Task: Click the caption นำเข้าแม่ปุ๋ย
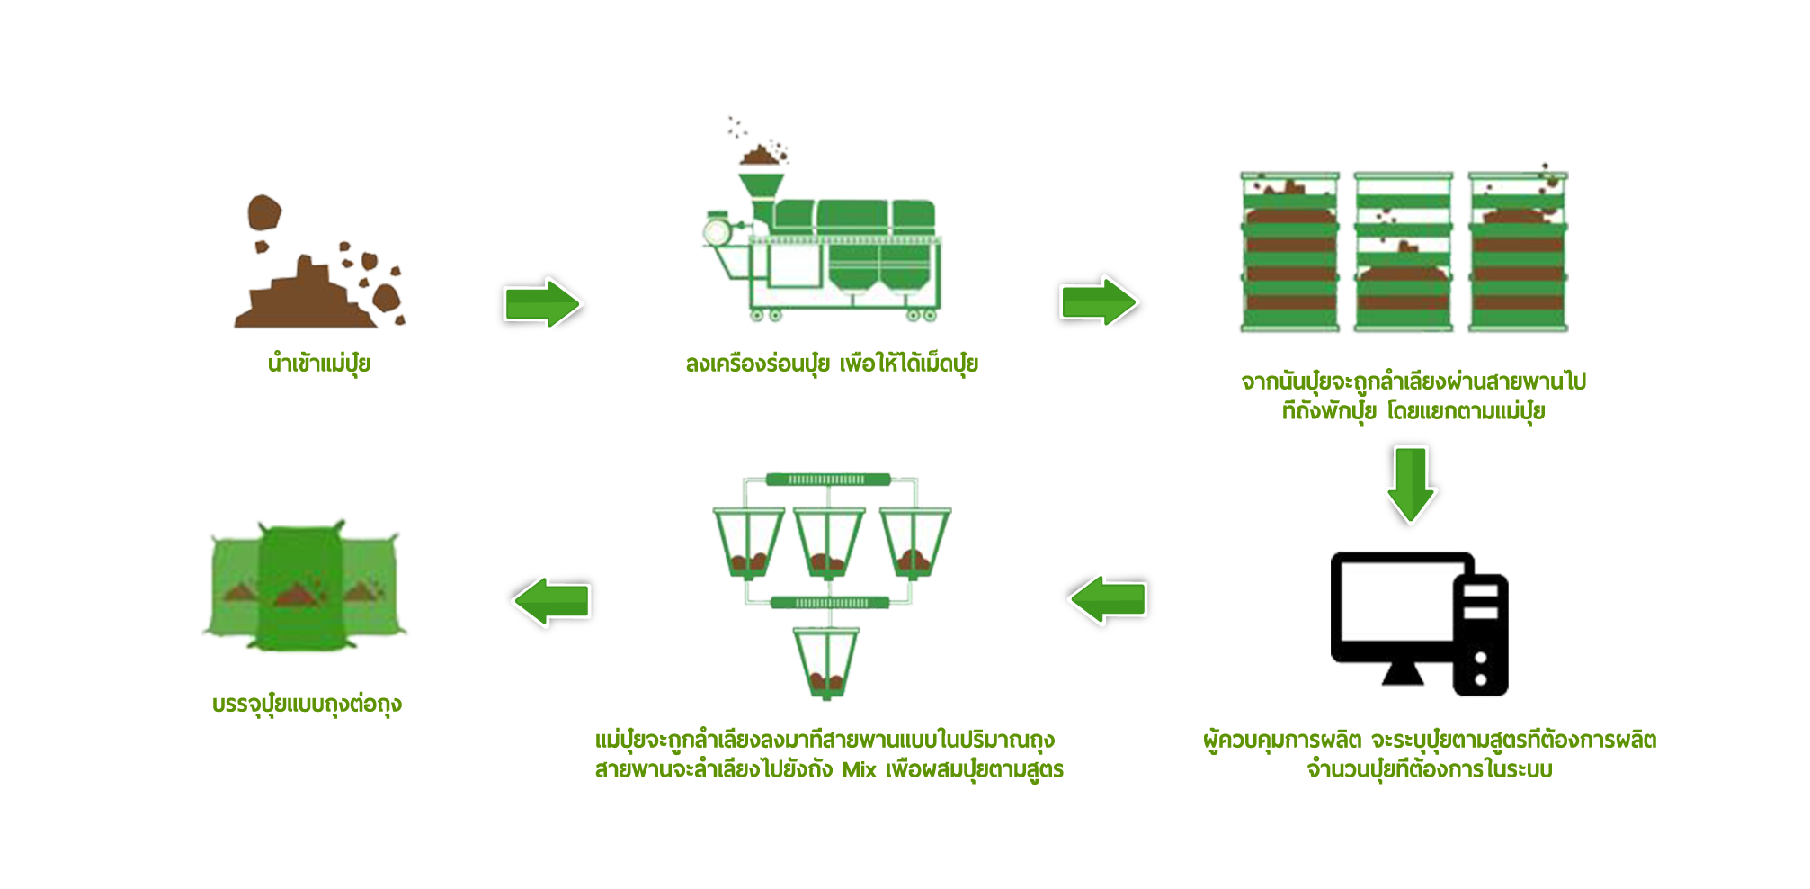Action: coord(319,364)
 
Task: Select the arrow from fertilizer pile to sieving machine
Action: coord(542,304)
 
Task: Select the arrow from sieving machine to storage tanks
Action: coord(1099,301)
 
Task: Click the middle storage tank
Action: coord(1404,253)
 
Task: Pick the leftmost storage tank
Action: coord(1289,253)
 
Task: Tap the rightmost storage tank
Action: coord(1518,253)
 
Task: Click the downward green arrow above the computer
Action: coord(1410,484)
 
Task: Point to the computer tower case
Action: coord(1481,634)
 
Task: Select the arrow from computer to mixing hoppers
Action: coord(1108,599)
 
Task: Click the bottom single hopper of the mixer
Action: coord(825,662)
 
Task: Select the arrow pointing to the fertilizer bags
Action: coord(551,600)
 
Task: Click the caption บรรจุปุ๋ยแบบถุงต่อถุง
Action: coord(307,704)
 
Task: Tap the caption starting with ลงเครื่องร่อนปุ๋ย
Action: coord(832,364)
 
